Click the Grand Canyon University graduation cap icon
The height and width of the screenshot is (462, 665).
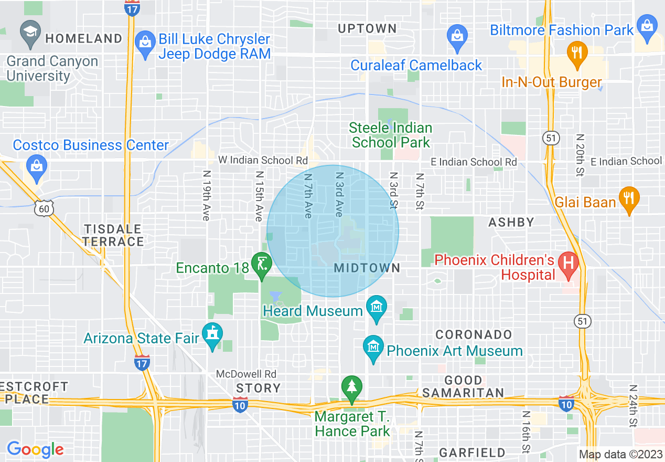[30, 30]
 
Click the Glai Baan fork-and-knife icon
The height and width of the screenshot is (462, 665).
[629, 198]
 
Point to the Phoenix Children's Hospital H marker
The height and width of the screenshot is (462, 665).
[567, 261]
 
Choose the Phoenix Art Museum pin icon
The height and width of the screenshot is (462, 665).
[373, 347]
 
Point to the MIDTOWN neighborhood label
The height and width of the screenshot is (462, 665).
[367, 268]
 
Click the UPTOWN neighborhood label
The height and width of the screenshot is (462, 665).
[367, 28]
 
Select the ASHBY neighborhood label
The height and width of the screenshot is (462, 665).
[511, 223]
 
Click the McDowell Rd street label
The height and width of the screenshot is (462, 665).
[246, 374]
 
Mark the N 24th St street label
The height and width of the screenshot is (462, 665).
[633, 405]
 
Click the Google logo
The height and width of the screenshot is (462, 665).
[35, 449]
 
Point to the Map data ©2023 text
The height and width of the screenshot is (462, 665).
[620, 454]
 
